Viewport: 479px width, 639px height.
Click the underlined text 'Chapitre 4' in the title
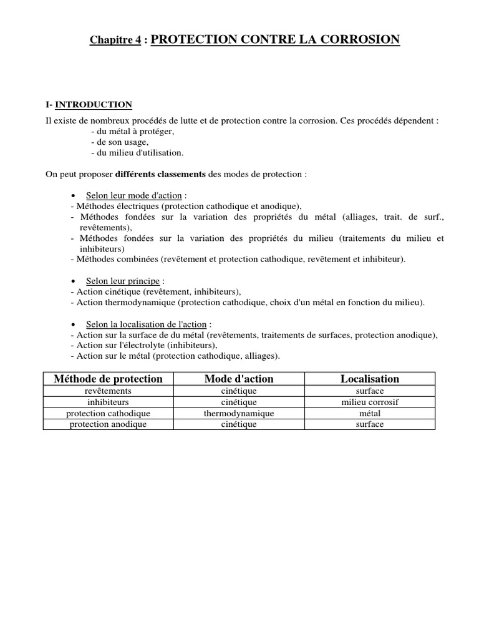point(115,41)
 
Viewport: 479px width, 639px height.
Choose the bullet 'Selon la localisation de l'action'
point(147,324)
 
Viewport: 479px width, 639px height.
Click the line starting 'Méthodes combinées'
point(238,259)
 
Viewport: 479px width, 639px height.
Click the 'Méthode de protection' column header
point(109,379)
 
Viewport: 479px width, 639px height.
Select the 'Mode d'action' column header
point(239,379)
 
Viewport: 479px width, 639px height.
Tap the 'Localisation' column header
point(370,379)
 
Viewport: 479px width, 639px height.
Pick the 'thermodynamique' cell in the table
point(239,413)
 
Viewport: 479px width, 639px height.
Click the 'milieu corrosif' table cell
point(370,402)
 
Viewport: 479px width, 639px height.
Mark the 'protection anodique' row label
point(109,424)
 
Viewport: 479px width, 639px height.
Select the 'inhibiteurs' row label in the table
point(109,402)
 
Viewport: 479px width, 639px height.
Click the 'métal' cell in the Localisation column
point(370,413)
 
